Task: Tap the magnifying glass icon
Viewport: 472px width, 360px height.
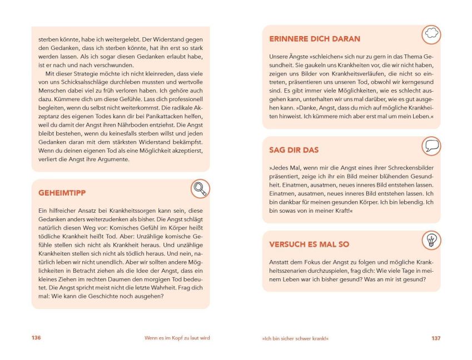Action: click(200, 189)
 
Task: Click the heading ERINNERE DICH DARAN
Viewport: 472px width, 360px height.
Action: click(315, 39)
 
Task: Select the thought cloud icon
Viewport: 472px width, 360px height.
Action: click(430, 34)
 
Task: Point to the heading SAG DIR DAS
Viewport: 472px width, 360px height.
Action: click(294, 150)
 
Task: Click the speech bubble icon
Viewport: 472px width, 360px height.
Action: click(431, 146)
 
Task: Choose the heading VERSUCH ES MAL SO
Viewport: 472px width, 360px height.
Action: click(309, 244)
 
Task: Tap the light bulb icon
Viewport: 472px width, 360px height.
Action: click(430, 240)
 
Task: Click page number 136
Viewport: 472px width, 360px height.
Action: click(36, 338)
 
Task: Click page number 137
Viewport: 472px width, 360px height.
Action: click(435, 338)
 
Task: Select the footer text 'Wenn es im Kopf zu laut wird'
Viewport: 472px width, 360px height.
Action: click(175, 338)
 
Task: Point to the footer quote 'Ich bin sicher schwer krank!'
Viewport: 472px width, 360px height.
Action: click(291, 338)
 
